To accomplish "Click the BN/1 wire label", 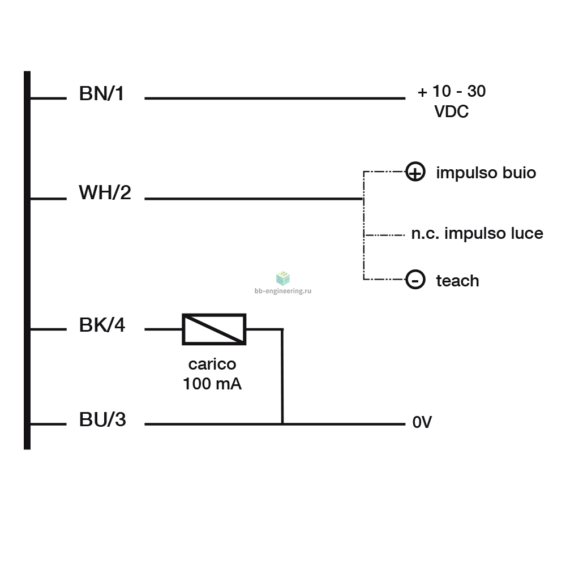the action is tap(101, 93).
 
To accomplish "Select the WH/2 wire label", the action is tap(105, 192).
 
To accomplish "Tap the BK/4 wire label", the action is tap(102, 324).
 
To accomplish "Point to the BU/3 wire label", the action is tap(102, 419).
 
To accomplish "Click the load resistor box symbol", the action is tap(214, 329).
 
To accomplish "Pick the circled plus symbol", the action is tap(415, 171).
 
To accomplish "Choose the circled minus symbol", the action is tap(415, 280).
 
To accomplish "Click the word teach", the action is tap(457, 281).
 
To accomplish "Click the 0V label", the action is tap(422, 422).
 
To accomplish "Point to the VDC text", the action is tap(451, 111).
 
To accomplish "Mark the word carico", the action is tap(212, 364).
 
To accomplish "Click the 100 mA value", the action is tap(212, 383).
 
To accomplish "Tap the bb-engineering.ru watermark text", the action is tap(283, 290).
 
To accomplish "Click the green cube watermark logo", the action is tap(283, 278).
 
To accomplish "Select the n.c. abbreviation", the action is tap(425, 234).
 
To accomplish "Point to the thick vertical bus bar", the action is tap(27, 260).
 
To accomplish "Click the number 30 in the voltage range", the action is tap(477, 91).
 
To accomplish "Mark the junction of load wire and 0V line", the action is tap(282, 424).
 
